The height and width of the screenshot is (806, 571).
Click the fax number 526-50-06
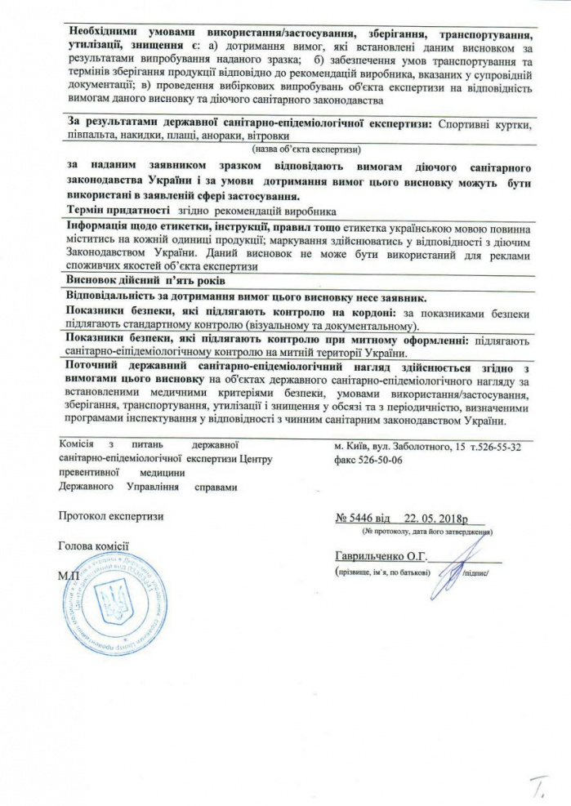click(x=375, y=460)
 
